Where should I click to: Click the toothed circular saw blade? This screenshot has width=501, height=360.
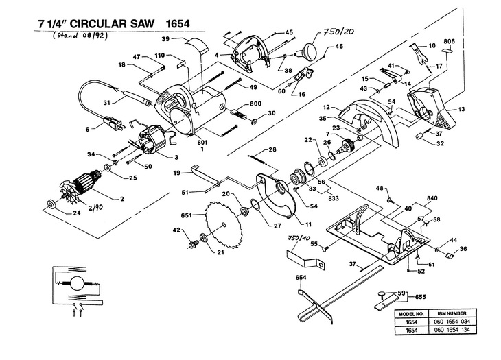click(223, 225)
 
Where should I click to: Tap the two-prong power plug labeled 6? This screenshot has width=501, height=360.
click(113, 123)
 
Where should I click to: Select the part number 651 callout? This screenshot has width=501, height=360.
click(186, 215)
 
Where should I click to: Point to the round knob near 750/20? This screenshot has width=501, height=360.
click(309, 50)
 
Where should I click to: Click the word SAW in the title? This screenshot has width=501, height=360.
click(140, 23)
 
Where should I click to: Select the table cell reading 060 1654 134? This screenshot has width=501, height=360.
click(452, 330)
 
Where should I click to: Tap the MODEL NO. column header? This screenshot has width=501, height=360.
click(411, 314)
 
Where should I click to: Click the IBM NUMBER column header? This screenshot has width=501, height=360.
click(452, 313)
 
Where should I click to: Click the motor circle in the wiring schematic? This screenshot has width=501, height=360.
click(77, 283)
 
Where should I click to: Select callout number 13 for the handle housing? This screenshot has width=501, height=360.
click(461, 109)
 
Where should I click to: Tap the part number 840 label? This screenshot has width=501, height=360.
click(432, 198)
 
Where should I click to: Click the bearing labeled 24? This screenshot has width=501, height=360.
click(50, 204)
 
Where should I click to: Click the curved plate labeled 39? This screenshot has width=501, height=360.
click(197, 45)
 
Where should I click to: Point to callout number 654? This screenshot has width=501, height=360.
click(301, 278)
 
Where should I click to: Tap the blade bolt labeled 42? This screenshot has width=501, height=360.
click(194, 245)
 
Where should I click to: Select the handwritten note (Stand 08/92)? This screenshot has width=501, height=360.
click(80, 35)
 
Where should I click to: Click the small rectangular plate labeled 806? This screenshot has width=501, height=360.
click(447, 50)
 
